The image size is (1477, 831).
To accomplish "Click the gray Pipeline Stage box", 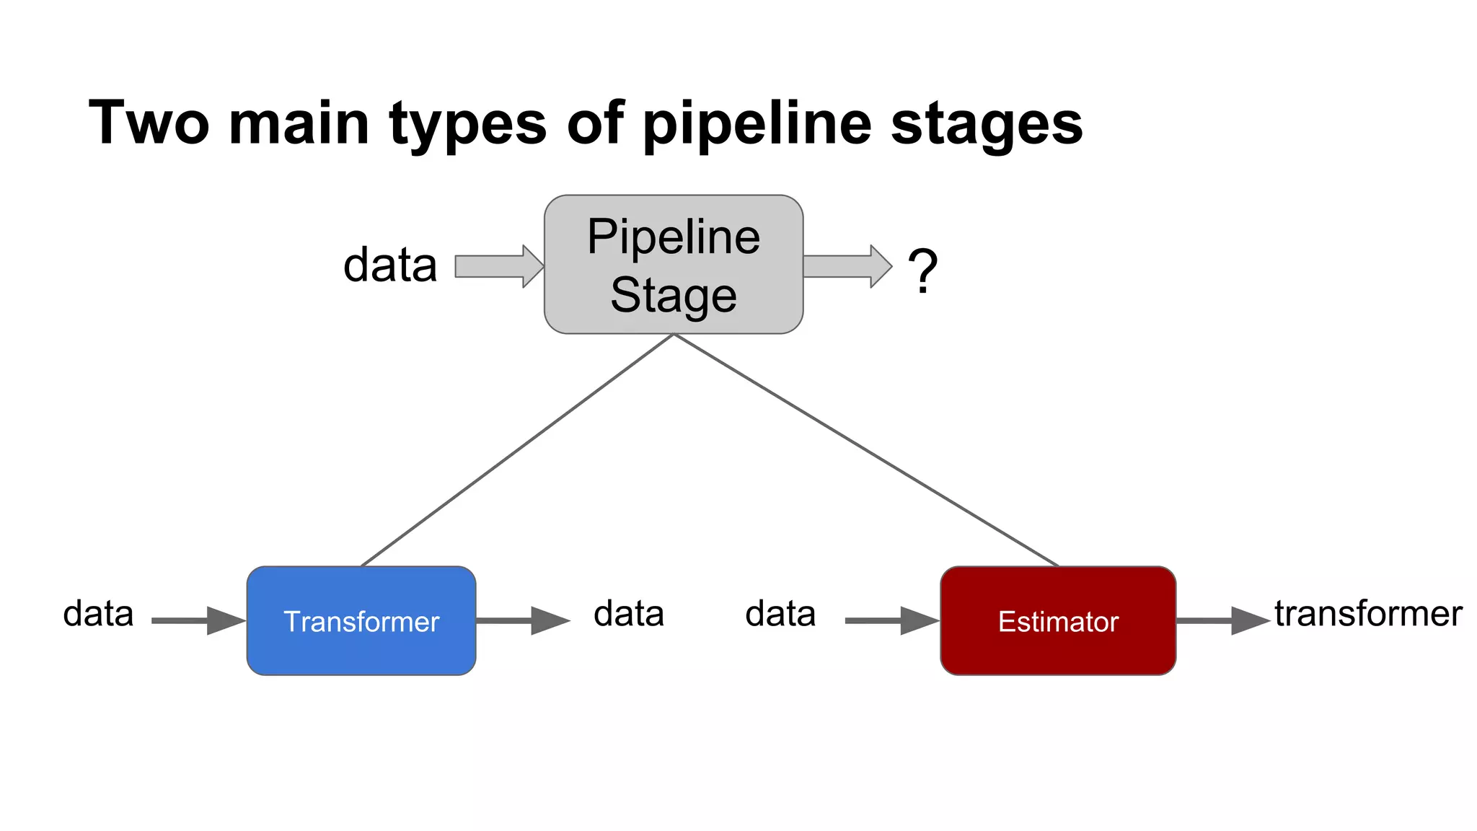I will click(x=673, y=264).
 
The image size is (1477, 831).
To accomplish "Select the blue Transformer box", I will click(x=361, y=620).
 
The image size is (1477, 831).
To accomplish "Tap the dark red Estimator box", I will click(x=1057, y=620).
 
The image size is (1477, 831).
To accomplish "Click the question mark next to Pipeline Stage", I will click(x=922, y=271).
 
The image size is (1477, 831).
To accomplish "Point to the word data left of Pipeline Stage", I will click(x=390, y=265).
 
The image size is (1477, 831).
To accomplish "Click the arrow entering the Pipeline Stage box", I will click(x=498, y=266).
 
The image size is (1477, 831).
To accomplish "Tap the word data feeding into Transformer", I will click(x=98, y=614).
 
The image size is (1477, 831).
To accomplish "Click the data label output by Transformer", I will click(x=628, y=614).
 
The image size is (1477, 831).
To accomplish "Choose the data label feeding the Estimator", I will click(x=780, y=614).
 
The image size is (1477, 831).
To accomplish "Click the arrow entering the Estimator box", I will click(x=891, y=620).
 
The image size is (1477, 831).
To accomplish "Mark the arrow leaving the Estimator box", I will click(x=1222, y=620).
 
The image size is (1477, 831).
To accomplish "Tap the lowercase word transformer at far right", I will click(x=1367, y=614).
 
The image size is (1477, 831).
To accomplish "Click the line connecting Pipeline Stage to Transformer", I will click(x=516, y=450).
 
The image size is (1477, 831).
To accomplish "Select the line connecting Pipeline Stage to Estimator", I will click(x=865, y=450).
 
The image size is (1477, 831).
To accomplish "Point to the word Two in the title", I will click(x=149, y=123).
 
